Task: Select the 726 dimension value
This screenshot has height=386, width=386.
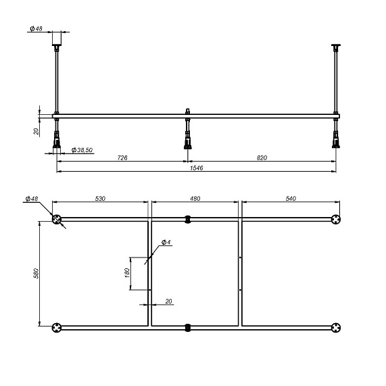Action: [x=122, y=157]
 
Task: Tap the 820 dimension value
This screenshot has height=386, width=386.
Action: [x=262, y=157]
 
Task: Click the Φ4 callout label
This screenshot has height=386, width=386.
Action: [x=166, y=241]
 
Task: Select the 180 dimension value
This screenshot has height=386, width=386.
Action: [x=126, y=273]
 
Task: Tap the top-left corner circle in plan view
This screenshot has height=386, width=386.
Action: [x=57, y=219]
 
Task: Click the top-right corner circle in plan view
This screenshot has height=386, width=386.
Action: [x=335, y=219]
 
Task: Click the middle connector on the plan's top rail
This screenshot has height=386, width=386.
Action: [x=188, y=219]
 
